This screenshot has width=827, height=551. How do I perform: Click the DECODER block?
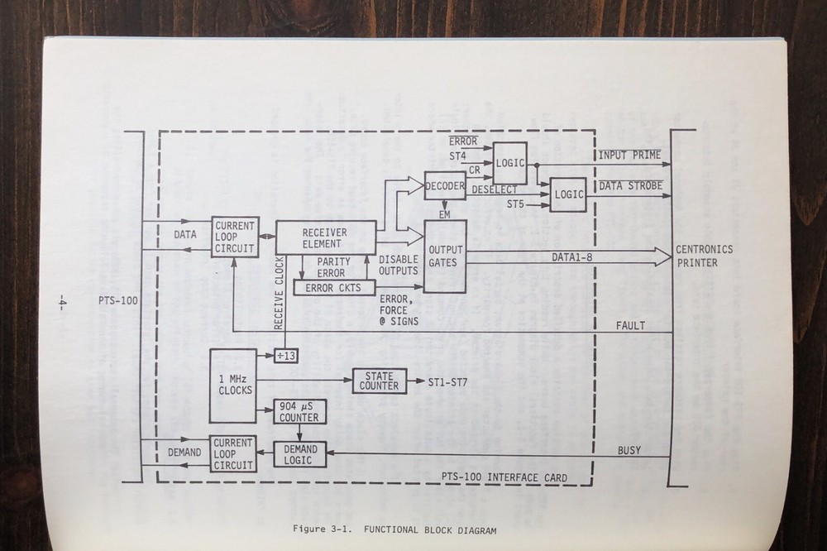tap(445, 186)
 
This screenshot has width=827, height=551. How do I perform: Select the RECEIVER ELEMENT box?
tap(325, 237)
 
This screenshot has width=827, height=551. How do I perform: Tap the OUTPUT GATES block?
tap(445, 255)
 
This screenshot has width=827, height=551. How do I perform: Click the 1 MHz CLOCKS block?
tap(232, 385)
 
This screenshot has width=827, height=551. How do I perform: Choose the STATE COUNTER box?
tap(380, 381)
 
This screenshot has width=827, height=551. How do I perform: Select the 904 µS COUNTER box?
tap(299, 412)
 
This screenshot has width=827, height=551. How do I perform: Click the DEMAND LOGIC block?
tap(299, 453)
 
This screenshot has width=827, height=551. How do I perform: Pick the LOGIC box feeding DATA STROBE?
tap(568, 194)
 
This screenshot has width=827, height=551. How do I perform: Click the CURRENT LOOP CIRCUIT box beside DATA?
tap(235, 237)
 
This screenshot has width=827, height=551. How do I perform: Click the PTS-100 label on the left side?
tap(117, 299)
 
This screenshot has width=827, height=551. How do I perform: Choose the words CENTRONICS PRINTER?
tap(704, 256)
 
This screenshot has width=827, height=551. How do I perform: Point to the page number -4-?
tap(64, 302)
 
